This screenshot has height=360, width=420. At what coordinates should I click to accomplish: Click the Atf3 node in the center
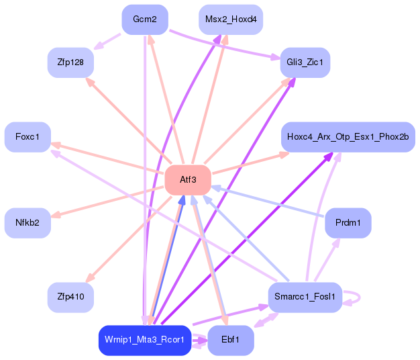(x=188, y=180)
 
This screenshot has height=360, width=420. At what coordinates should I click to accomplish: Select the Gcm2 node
(x=145, y=19)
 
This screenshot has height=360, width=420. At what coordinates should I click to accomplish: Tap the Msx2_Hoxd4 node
(x=231, y=19)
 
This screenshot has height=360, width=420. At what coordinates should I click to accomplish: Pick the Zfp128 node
(x=70, y=62)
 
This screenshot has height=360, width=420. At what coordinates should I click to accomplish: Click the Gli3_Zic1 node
(x=305, y=62)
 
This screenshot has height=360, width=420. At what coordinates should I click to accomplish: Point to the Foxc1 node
(x=28, y=137)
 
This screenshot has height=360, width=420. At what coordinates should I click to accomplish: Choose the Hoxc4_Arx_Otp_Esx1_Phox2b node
(x=348, y=137)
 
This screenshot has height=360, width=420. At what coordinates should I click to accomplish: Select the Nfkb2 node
(x=28, y=223)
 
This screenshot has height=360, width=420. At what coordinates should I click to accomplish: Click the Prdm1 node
(x=348, y=223)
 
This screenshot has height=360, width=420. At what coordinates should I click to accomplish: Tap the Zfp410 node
(x=70, y=298)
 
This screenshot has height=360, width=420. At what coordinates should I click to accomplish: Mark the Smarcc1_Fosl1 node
(x=305, y=298)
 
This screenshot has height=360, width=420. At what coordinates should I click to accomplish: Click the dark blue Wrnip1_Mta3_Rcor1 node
(x=145, y=340)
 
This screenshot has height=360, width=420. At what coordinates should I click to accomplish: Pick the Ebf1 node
(x=231, y=340)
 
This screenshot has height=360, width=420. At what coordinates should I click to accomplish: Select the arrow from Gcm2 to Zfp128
(x=107, y=41)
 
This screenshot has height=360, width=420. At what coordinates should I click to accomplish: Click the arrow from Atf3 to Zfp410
(x=129, y=239)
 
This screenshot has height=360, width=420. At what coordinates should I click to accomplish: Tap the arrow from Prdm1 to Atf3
(x=268, y=201)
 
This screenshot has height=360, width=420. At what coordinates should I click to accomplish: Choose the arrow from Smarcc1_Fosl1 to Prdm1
(x=327, y=259)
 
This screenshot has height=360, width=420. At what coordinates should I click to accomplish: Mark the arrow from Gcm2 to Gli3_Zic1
(x=225, y=44)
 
